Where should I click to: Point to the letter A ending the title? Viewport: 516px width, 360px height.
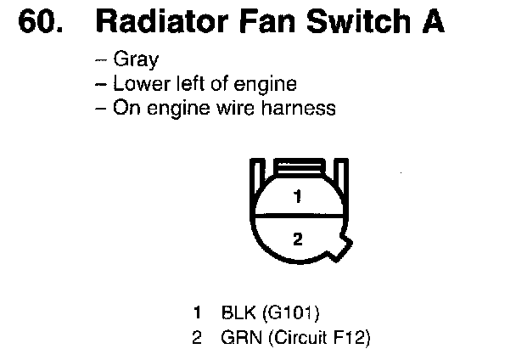click(430, 22)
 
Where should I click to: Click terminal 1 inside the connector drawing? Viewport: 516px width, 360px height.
click(297, 197)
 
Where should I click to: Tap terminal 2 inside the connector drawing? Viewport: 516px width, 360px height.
click(297, 239)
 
